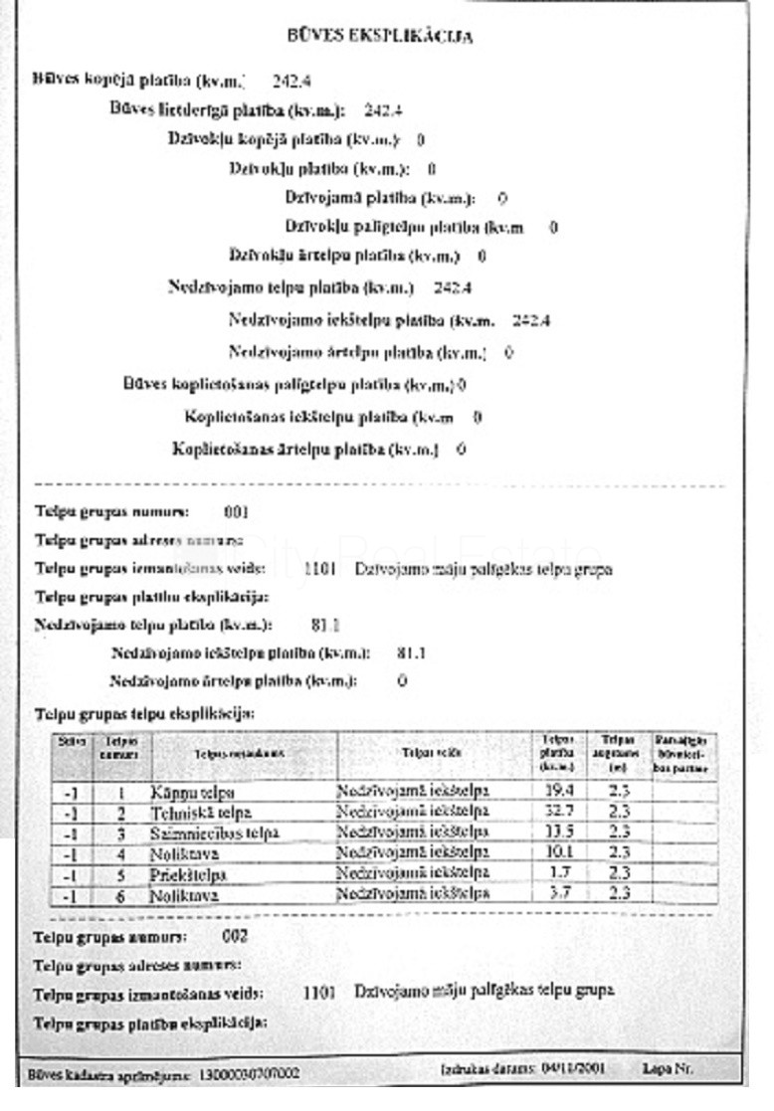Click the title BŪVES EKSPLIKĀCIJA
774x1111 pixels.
379,37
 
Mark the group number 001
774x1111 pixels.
236,513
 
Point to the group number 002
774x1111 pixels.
235,937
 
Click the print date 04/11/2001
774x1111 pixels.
572,1070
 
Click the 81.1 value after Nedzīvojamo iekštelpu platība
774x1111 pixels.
411,653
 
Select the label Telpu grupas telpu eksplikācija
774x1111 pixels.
144,714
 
